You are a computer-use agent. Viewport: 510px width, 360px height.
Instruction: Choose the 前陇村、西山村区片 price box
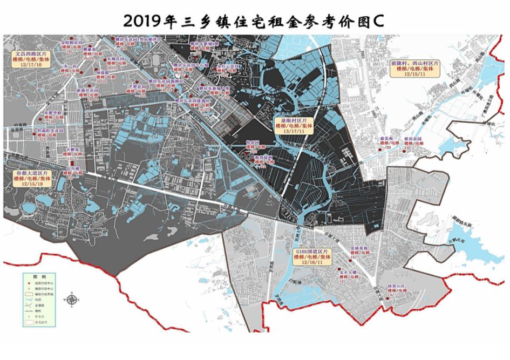(415, 69)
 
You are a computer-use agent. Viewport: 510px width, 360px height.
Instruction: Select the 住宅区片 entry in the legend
(41, 322)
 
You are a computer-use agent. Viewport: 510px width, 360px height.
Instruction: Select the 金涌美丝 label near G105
(359, 248)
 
